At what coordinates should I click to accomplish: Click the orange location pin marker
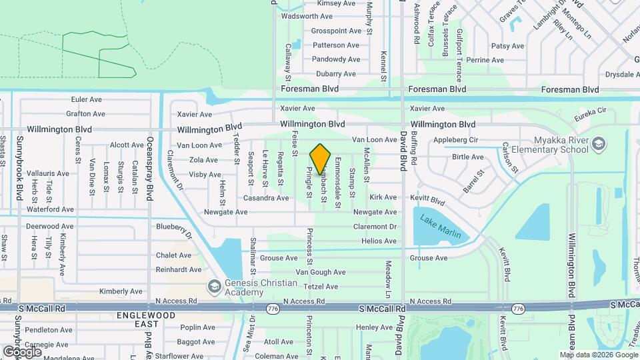pos(321,159)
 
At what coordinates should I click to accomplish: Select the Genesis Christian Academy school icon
pos(214,287)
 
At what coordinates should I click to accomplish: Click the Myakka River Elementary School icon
pos(598,144)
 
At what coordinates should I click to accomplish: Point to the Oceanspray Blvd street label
pos(150,165)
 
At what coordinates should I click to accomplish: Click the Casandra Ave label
pos(266,198)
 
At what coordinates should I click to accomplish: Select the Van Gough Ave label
pos(321,272)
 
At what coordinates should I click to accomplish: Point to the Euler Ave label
pos(86,99)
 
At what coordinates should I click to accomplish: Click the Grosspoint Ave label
pos(336,31)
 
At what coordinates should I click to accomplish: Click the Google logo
pos(23,351)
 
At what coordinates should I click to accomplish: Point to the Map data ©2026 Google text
pos(598,355)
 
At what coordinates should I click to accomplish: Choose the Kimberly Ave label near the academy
pos(121,291)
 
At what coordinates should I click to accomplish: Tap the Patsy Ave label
pos(508,46)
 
